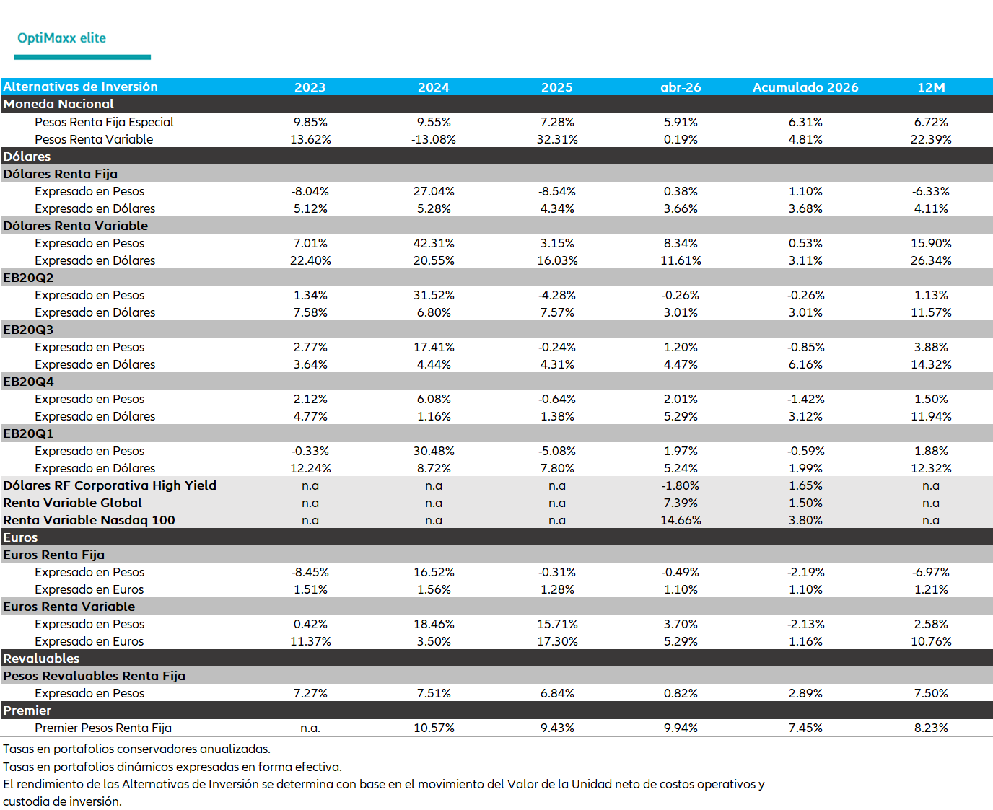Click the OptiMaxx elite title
[61, 38]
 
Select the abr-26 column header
[681, 87]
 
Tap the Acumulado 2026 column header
[805, 87]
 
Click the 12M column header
[931, 87]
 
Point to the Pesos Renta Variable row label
[94, 139]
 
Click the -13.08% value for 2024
[433, 139]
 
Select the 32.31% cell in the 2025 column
[557, 139]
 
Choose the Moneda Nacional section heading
[58, 104]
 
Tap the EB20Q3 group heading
[28, 330]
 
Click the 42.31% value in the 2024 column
[434, 243]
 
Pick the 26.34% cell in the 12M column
[931, 260]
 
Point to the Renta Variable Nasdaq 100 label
[89, 520]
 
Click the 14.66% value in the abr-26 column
[681, 520]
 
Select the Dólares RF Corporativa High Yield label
[110, 485]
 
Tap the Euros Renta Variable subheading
[69, 607]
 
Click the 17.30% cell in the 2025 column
[557, 641]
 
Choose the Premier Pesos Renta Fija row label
[103, 728]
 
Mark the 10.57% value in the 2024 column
[434, 728]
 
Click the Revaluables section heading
[41, 659]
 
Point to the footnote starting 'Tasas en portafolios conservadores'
[136, 749]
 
